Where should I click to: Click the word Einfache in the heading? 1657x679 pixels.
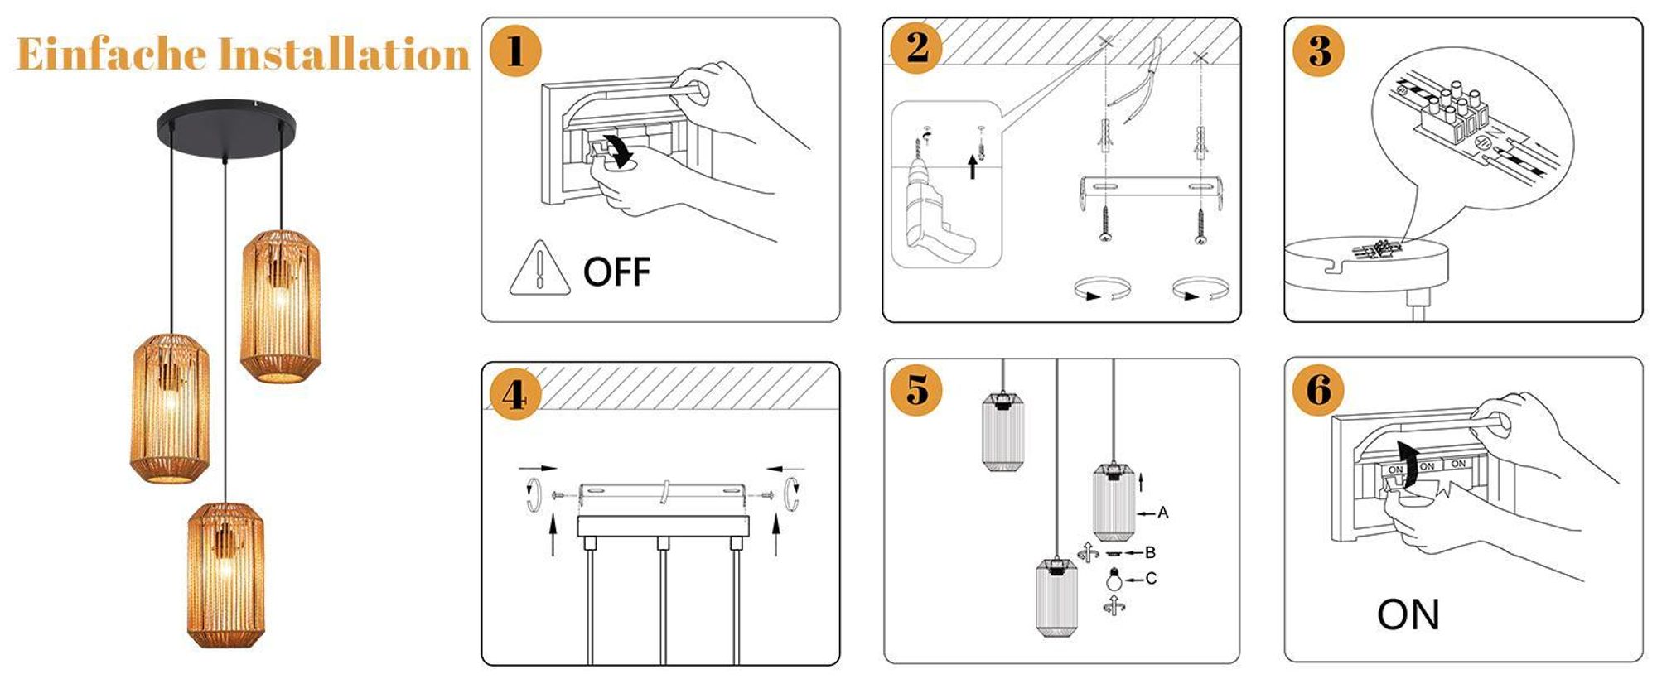tap(112, 55)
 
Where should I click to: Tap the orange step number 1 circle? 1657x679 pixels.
tap(515, 51)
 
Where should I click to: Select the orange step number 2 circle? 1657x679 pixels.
tap(916, 47)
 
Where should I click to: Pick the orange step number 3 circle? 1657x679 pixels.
tap(1319, 51)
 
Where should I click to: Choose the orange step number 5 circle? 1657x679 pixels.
tap(916, 389)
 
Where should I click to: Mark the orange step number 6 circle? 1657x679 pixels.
tap(1319, 389)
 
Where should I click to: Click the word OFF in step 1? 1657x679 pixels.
tap(617, 272)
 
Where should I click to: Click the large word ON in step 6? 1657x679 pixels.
tap(1408, 614)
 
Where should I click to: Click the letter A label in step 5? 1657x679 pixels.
tap(1163, 513)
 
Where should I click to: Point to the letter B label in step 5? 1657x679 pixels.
tap(1150, 552)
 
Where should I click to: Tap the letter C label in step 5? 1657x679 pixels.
tap(1152, 579)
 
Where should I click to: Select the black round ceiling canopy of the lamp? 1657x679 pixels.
tap(225, 128)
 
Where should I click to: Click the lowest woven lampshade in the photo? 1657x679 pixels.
tap(225, 574)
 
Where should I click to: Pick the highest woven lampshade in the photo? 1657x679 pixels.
tap(280, 306)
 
